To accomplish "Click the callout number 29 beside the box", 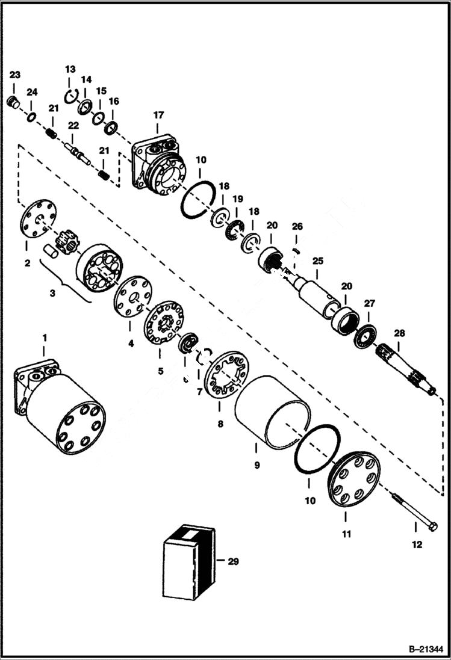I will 234,561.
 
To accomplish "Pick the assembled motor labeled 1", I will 60,403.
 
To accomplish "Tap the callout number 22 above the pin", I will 73,125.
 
